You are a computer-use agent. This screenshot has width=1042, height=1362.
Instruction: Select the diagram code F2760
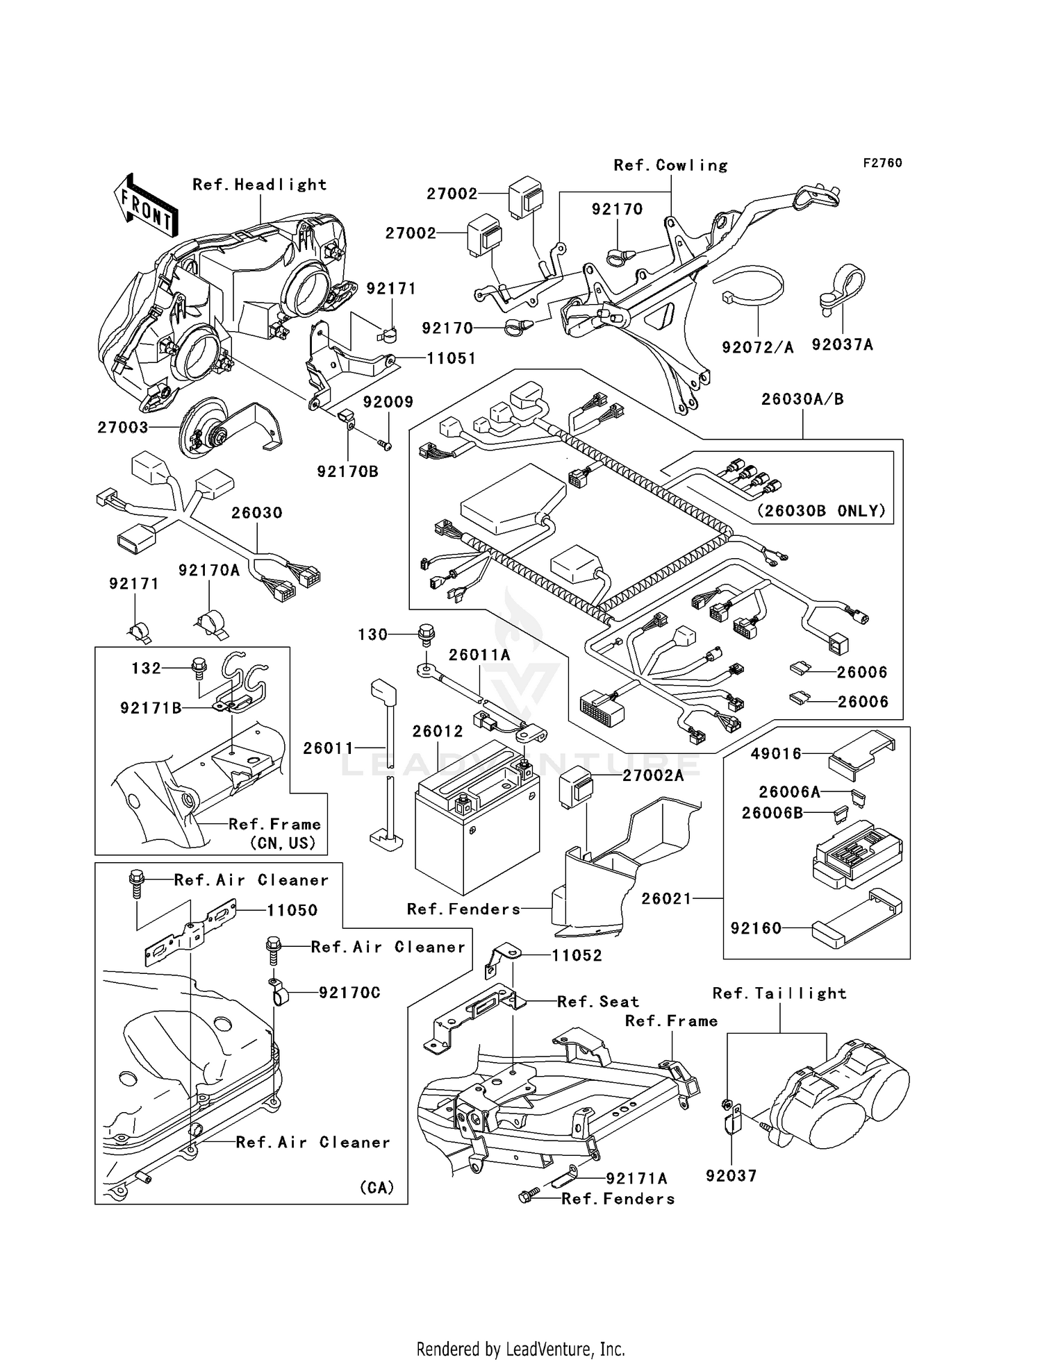pyautogui.click(x=882, y=162)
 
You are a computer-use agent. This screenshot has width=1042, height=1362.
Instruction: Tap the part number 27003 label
pyautogui.click(x=123, y=428)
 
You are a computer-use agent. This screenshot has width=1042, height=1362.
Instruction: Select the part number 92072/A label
pyautogui.click(x=757, y=347)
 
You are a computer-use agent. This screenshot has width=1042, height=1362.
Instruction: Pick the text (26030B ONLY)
pyautogui.click(x=821, y=511)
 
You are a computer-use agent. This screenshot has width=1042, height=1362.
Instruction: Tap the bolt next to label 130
pyautogui.click(x=427, y=633)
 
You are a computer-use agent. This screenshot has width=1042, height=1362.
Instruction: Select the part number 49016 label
pyautogui.click(x=777, y=753)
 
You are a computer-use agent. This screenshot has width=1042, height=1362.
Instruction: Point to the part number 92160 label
pyautogui.click(x=756, y=928)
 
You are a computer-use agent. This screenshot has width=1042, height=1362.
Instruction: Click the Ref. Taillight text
pyautogui.click(x=779, y=993)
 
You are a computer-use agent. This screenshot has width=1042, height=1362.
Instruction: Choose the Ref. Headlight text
pyautogui.click(x=259, y=185)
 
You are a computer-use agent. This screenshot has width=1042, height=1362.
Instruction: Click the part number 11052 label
pyautogui.click(x=577, y=955)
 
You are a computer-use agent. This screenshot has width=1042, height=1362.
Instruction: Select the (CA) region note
pyautogui.click(x=377, y=1187)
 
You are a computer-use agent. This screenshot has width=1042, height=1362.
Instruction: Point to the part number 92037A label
pyautogui.click(x=842, y=345)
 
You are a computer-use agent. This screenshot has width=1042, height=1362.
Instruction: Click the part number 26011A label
pyautogui.click(x=479, y=655)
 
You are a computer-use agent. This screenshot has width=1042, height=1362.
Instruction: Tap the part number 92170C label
pyautogui.click(x=349, y=993)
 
